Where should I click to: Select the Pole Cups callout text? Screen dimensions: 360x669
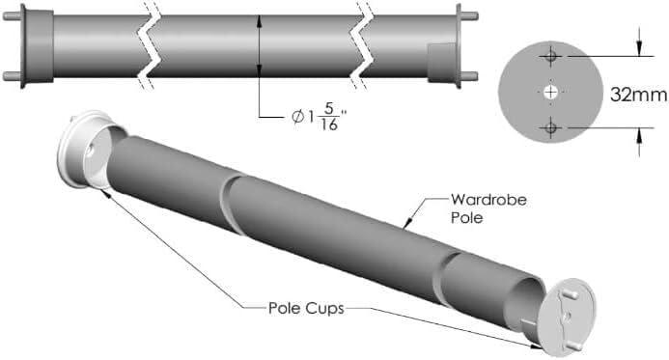tap(302, 309)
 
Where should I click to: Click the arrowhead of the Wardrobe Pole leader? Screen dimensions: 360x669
tap(409, 223)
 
